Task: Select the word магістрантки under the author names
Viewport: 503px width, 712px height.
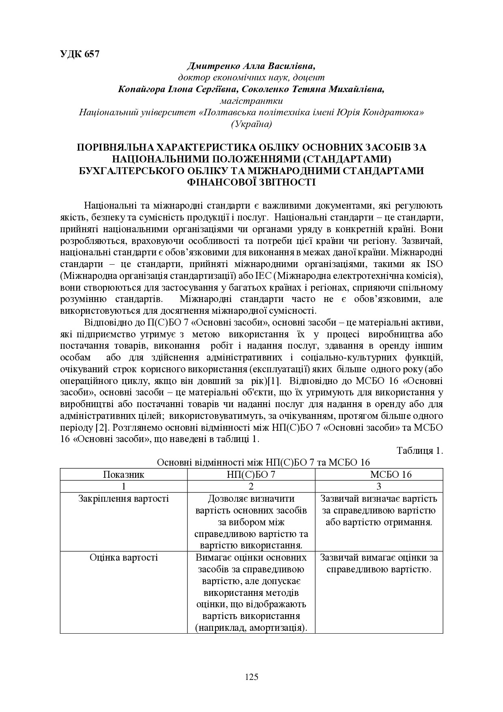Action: pyautogui.click(x=251, y=101)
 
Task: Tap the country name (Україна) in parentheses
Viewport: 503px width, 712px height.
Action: pyautogui.click(x=251, y=124)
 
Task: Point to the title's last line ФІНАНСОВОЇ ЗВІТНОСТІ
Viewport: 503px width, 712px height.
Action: pyautogui.click(x=251, y=182)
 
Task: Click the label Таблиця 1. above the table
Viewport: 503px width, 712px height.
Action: pyautogui.click(x=419, y=451)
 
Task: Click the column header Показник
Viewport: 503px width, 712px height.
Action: pyautogui.click(x=124, y=475)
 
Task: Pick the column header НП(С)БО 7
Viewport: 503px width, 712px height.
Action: pyautogui.click(x=251, y=475)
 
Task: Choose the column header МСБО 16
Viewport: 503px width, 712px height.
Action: pyautogui.click(x=379, y=475)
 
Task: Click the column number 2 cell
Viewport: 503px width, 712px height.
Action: pyautogui.click(x=251, y=486)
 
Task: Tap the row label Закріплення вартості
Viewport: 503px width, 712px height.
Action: pyautogui.click(x=124, y=498)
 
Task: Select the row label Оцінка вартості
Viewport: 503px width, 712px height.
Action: pyautogui.click(x=124, y=557)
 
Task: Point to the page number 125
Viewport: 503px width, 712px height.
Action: pyautogui.click(x=251, y=677)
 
